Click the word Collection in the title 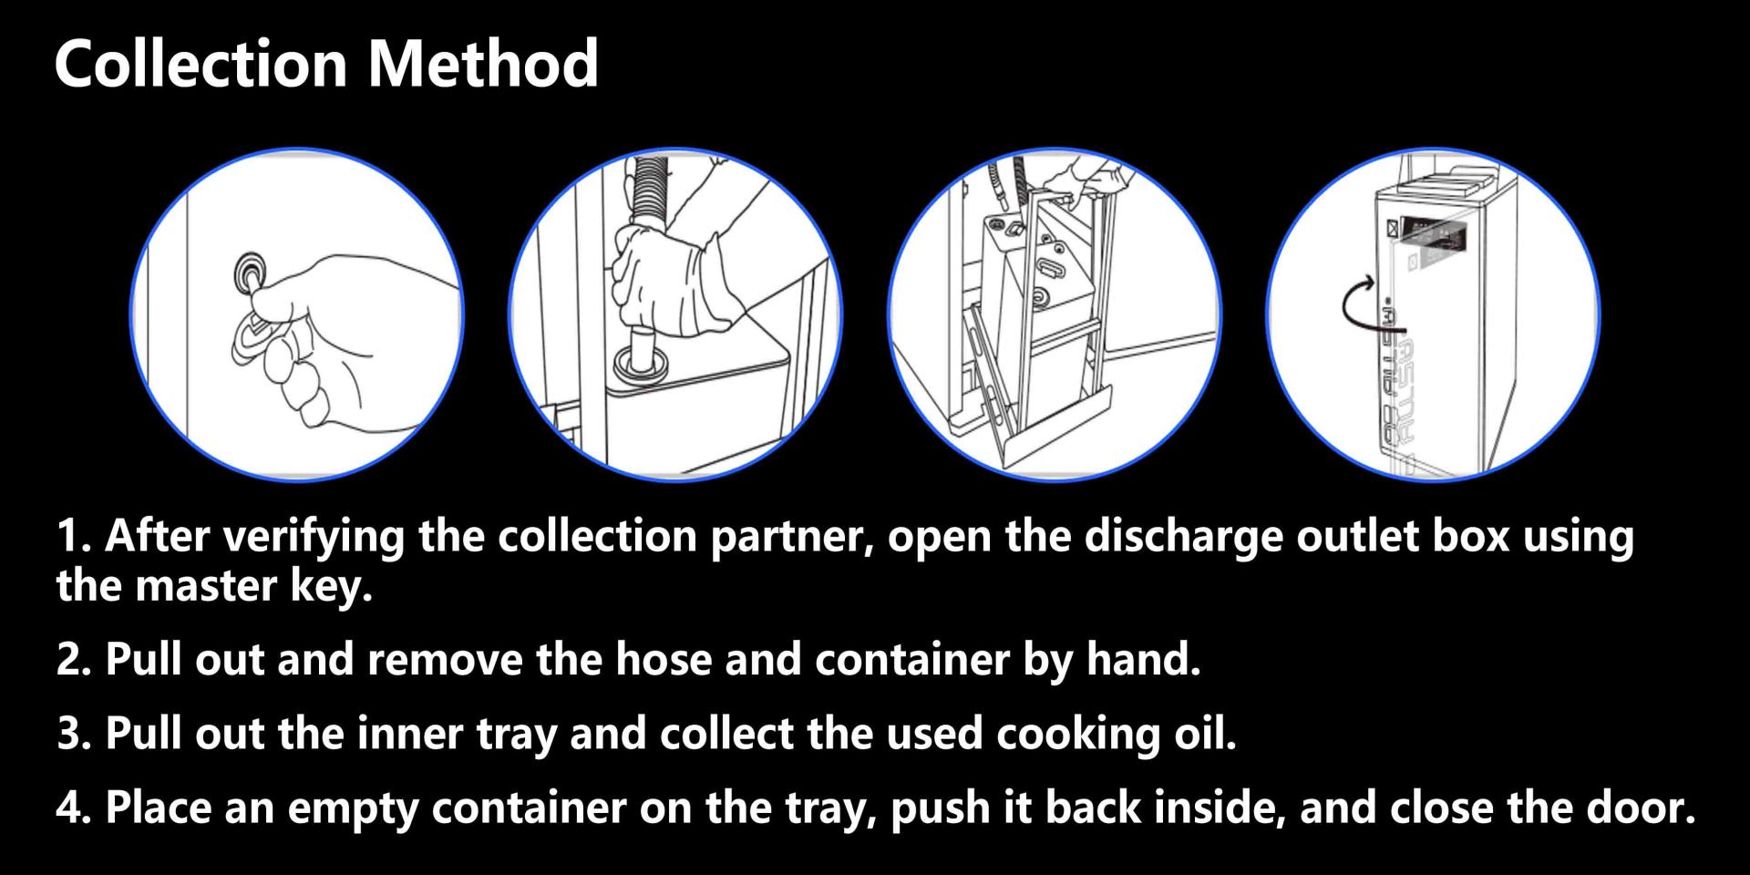point(201,63)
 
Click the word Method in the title point(483,63)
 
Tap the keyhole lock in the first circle point(248,272)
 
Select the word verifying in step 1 point(314,536)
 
